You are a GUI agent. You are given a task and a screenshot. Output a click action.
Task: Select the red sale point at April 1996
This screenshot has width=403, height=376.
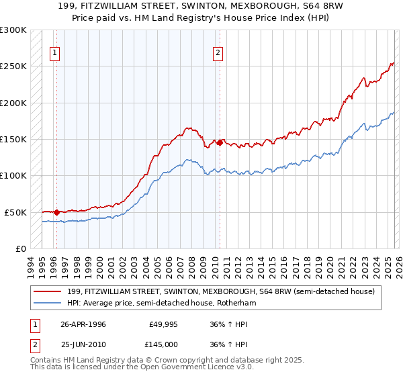(x=56, y=212)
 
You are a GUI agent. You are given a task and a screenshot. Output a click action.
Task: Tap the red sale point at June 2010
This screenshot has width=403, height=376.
(x=220, y=142)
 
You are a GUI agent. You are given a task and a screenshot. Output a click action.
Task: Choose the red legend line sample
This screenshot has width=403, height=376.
(x=47, y=291)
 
